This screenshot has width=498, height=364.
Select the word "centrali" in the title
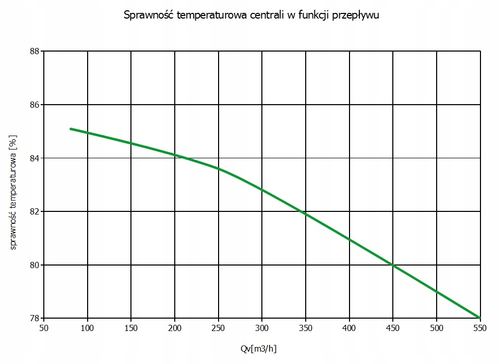tap(264, 15)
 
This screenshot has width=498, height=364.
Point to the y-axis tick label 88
tap(35, 51)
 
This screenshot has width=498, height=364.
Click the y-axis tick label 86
tap(35, 105)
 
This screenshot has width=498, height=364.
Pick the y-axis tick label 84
tap(35, 158)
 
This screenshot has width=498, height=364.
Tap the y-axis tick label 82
tap(35, 211)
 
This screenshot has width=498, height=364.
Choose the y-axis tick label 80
tap(35, 265)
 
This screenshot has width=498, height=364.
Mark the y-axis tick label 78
tap(35, 318)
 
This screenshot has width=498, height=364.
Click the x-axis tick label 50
tap(44, 328)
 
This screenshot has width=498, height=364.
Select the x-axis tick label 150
tap(131, 328)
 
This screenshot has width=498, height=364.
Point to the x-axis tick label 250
tap(219, 328)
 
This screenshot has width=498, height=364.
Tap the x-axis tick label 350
tap(306, 328)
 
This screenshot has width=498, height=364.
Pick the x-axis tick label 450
tap(393, 328)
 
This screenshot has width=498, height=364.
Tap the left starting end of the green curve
tap(71, 128)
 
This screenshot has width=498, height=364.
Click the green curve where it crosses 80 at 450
tap(393, 265)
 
